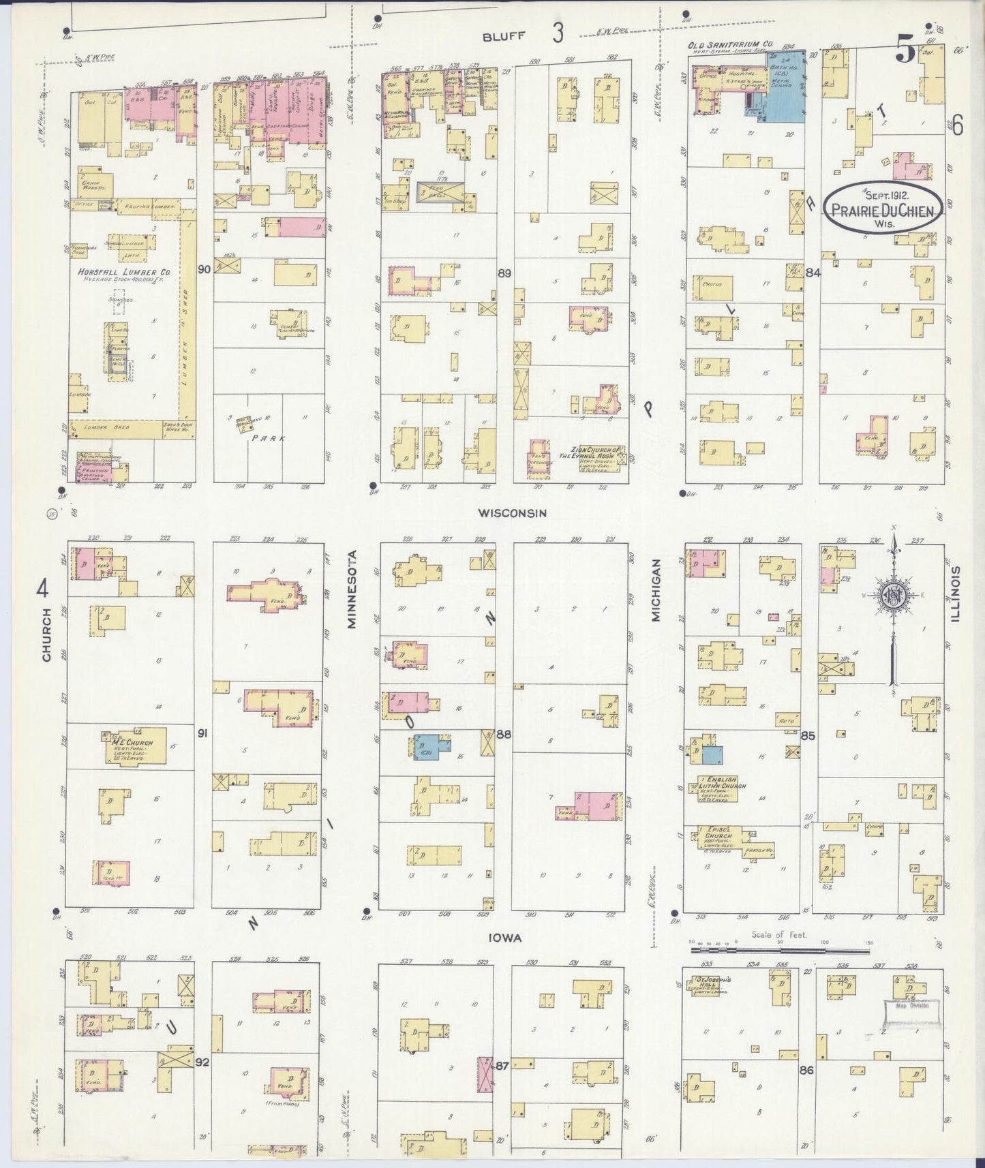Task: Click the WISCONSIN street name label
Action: [x=512, y=512]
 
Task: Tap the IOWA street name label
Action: [x=505, y=938]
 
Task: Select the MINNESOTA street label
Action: [x=352, y=598]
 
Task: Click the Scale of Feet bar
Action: [x=778, y=949]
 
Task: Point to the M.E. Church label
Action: [x=133, y=743]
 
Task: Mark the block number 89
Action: [x=504, y=273]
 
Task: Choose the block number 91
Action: [x=202, y=733]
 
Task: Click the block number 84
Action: [x=812, y=273]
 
